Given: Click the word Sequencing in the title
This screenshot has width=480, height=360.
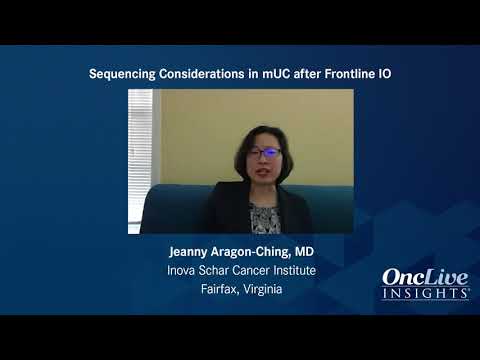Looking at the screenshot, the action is click(122, 74).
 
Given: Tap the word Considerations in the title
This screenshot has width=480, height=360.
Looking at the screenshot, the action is click(202, 74).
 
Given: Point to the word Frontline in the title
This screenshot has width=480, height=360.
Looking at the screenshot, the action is click(350, 74).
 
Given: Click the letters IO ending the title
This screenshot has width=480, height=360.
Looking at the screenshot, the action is click(385, 74).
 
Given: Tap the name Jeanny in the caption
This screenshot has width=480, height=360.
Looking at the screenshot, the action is click(188, 252).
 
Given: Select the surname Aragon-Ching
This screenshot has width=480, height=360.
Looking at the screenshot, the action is click(251, 252).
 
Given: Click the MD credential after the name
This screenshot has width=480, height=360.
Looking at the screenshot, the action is click(304, 252).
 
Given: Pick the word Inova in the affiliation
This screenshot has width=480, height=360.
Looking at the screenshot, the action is click(181, 270).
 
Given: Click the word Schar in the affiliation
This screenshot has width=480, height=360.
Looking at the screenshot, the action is click(214, 270).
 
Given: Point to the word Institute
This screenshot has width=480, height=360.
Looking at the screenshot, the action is click(295, 270).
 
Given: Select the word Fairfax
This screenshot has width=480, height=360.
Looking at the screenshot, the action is click(220, 289).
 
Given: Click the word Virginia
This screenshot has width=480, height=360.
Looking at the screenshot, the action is click(263, 289).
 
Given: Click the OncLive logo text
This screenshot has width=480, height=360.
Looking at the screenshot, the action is click(425, 277).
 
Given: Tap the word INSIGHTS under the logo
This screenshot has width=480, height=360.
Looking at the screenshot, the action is click(425, 294).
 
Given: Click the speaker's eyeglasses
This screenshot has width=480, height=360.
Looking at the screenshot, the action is click(264, 153).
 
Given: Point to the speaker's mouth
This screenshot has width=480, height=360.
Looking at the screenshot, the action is click(264, 172).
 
